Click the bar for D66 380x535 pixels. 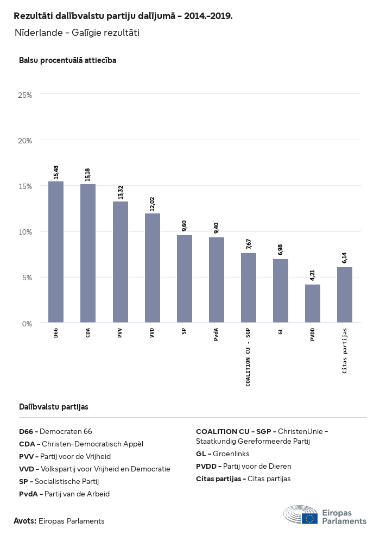pos(56,252)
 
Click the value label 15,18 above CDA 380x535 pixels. pos(88,174)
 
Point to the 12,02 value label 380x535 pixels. pos(153,204)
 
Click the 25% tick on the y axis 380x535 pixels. pos(25,95)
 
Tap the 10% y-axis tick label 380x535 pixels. pos(25,232)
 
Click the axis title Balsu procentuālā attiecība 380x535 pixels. pos(68,60)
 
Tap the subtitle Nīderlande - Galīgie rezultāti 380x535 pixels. pos(77,33)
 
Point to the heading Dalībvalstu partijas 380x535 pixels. pos(54,406)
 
